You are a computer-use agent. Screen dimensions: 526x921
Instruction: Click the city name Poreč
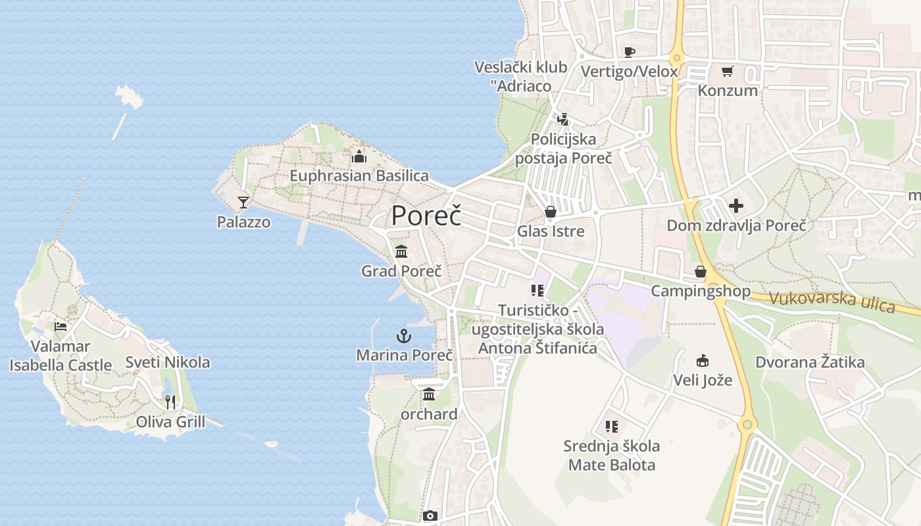click(426, 216)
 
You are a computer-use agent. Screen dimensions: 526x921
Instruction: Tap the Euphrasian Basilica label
click(359, 176)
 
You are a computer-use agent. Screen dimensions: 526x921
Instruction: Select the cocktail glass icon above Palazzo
click(243, 202)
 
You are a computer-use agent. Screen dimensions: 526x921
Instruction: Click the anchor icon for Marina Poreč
click(403, 337)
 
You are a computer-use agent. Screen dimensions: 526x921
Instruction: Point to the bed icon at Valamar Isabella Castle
click(61, 326)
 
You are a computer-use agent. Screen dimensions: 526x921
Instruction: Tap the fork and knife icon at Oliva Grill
click(170, 402)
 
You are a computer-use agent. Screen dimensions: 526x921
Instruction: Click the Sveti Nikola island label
click(168, 362)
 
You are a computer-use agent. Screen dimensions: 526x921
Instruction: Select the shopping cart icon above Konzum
click(727, 71)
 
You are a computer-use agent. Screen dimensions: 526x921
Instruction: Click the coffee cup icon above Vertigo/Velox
click(629, 52)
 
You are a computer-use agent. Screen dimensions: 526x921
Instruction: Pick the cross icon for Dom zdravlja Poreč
click(736, 206)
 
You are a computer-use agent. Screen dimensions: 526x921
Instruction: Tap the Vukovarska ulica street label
click(832, 301)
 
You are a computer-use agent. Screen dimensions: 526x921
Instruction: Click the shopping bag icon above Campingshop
click(701, 272)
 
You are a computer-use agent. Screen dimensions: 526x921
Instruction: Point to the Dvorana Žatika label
click(810, 362)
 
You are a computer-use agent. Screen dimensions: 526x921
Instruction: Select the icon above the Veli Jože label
click(703, 360)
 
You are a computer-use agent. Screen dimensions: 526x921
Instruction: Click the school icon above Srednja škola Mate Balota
click(612, 427)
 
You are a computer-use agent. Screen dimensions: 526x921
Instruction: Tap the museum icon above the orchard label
click(429, 394)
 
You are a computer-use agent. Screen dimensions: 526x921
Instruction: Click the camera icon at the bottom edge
click(430, 516)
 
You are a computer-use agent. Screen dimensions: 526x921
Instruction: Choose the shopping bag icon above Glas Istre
click(551, 211)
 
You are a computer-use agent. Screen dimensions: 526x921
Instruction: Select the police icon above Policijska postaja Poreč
click(562, 120)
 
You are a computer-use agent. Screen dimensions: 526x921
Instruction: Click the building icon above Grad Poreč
click(401, 251)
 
